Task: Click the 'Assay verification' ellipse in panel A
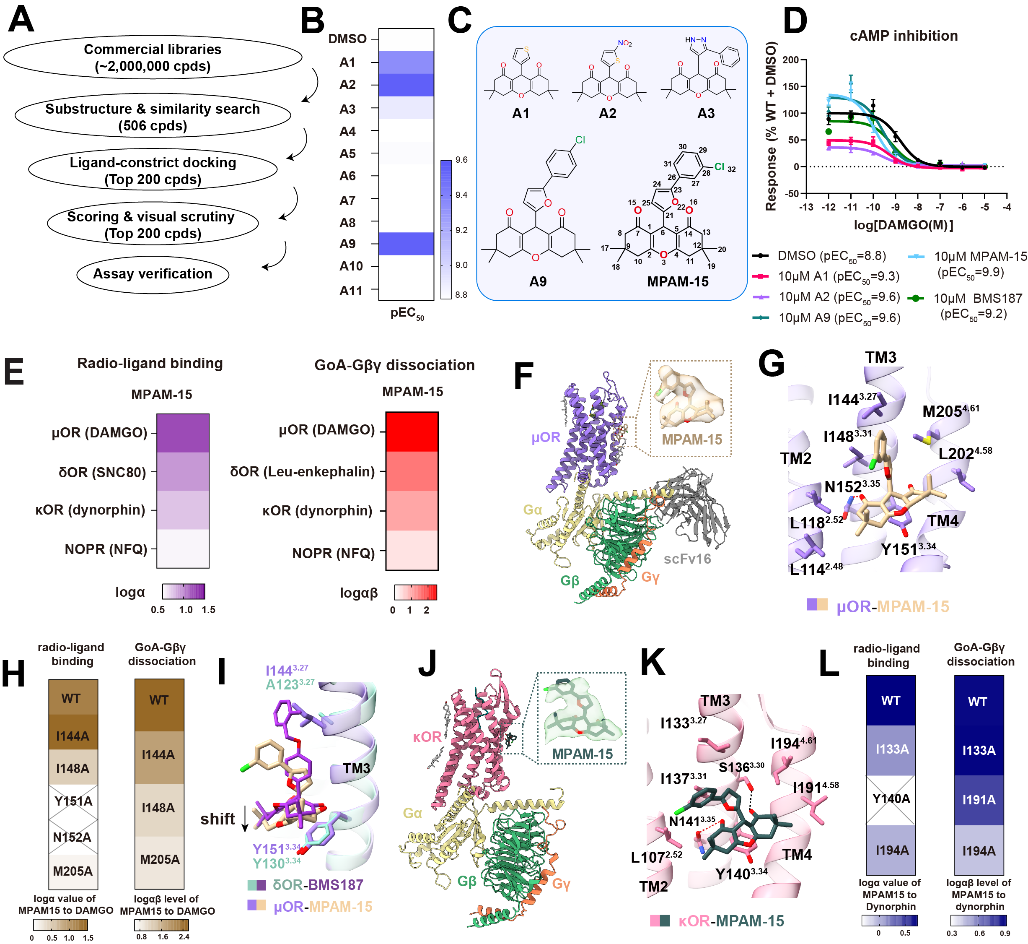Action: (152, 274)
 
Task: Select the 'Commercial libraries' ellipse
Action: (152, 57)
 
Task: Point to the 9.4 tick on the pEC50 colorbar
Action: (461, 195)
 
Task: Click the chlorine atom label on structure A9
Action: (580, 140)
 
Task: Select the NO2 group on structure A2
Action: (625, 44)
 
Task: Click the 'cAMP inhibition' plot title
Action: (903, 36)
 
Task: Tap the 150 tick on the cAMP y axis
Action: (790, 86)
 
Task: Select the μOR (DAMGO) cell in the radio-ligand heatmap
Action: (183, 433)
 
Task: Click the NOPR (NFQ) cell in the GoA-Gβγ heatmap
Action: (412, 550)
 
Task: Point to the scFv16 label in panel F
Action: (687, 559)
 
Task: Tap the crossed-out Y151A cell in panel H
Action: (73, 801)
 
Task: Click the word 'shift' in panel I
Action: (217, 819)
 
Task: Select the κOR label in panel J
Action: (427, 736)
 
